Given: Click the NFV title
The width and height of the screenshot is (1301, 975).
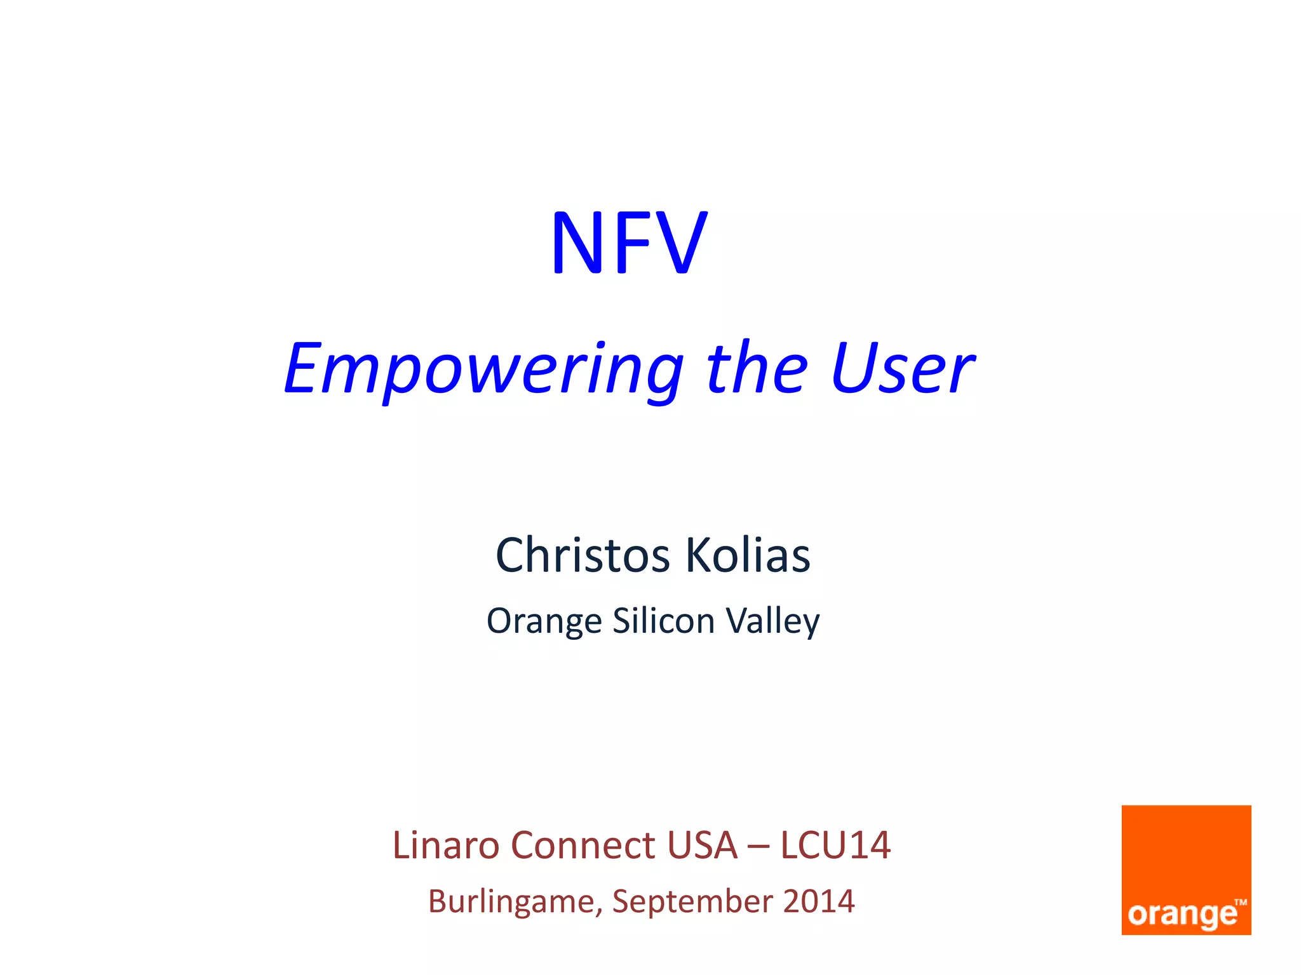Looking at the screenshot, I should (x=628, y=244).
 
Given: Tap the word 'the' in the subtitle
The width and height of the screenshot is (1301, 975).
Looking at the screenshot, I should (x=757, y=368).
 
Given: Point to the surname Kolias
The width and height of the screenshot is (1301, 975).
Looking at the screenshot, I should (x=748, y=555).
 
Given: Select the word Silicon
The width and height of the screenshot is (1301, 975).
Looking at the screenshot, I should (x=663, y=620).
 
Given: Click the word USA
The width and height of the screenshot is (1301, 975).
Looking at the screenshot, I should (x=702, y=846).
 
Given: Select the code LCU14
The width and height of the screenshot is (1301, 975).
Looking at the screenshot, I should (x=835, y=846).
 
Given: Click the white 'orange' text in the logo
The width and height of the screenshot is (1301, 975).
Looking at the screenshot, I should (x=1182, y=915).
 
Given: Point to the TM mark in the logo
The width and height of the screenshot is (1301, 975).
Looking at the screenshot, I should (x=1241, y=902).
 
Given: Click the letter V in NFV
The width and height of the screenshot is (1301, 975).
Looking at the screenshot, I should (x=681, y=244).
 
